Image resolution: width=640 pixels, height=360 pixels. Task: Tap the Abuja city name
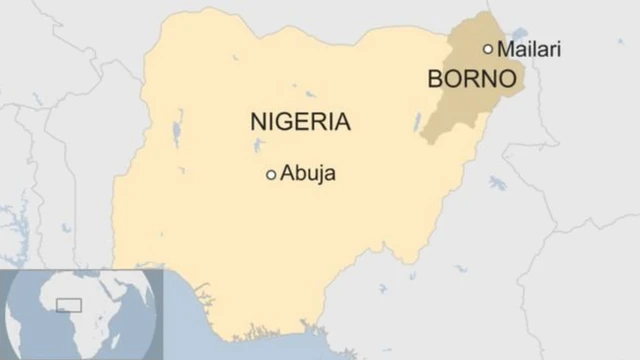(308, 174)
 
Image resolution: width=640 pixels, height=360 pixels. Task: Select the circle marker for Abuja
(270, 175)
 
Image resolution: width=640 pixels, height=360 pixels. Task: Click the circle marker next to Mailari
(488, 48)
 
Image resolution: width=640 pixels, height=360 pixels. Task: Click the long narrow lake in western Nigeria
(177, 130)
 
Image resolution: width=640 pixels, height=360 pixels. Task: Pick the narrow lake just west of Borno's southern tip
(417, 122)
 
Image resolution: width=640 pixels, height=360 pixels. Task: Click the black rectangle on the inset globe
(68, 304)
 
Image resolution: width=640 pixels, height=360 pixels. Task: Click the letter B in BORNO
(435, 79)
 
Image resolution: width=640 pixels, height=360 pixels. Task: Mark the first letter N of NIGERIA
(257, 123)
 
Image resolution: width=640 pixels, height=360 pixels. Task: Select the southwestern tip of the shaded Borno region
(423, 141)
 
